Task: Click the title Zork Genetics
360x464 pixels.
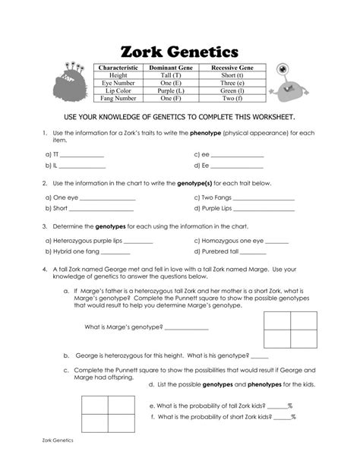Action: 179,52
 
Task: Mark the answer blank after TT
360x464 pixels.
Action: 82,155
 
